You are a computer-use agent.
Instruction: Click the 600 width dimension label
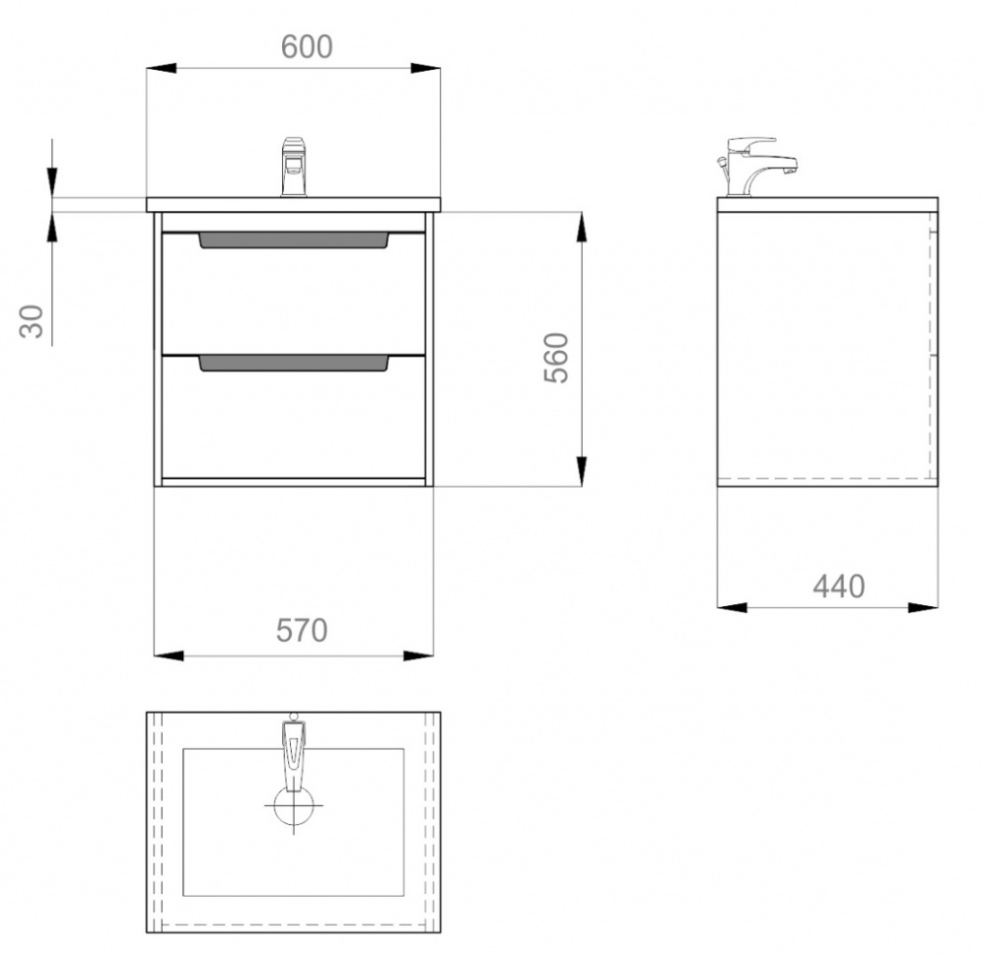(307, 46)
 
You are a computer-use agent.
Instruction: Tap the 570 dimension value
(302, 630)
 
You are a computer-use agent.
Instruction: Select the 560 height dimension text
(556, 358)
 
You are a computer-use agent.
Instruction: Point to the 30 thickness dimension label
(32, 321)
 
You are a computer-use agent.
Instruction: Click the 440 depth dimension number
(839, 586)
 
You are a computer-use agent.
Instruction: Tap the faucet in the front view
(294, 167)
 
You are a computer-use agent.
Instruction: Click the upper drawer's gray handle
(294, 240)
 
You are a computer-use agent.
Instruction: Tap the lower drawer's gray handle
(294, 364)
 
